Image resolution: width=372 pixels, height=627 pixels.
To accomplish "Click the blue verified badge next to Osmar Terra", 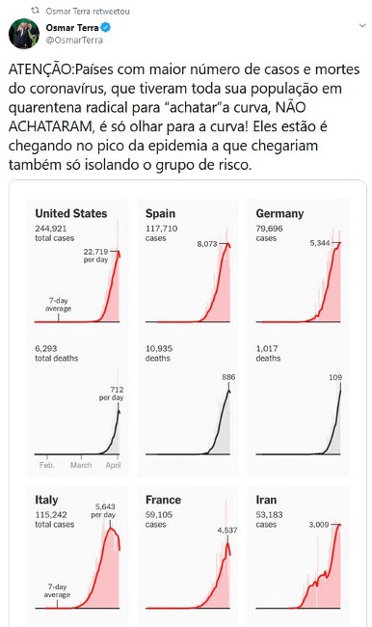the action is tap(106, 28).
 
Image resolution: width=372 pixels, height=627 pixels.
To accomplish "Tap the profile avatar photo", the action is tap(24, 34).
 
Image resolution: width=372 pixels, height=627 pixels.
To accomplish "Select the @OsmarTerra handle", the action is tap(74, 40).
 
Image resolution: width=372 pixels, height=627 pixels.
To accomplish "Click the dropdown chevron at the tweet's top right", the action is tap(362, 26).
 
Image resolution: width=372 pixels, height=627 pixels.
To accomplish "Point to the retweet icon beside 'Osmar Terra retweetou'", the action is tap(35, 11).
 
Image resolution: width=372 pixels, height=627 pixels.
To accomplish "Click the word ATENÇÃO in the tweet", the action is tap(40, 69).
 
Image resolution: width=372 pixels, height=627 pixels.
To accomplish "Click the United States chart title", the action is tap(71, 213).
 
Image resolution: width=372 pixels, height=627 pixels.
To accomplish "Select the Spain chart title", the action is tap(160, 213).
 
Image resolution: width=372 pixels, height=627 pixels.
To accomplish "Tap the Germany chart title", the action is tap(279, 214).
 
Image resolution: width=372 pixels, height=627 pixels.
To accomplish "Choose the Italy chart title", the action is tap(46, 500).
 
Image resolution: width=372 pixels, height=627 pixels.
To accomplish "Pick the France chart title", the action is tap(163, 500).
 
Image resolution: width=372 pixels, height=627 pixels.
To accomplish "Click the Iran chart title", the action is tap(266, 500).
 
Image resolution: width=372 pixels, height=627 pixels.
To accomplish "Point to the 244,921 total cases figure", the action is tap(51, 229).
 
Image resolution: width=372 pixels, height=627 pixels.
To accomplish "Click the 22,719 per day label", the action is tap(96, 256).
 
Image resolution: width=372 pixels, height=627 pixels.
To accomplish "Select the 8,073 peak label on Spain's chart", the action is tap(207, 243).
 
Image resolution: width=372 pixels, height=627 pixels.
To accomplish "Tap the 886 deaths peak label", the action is tap(228, 377).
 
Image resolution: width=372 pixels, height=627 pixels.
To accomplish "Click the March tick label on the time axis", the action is tap(81, 465).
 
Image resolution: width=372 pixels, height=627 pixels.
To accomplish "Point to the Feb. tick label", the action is tap(47, 465).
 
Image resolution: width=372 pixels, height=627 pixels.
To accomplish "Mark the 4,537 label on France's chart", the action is tap(227, 531).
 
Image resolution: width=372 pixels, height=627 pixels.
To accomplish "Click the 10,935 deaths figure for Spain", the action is tap(159, 348).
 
